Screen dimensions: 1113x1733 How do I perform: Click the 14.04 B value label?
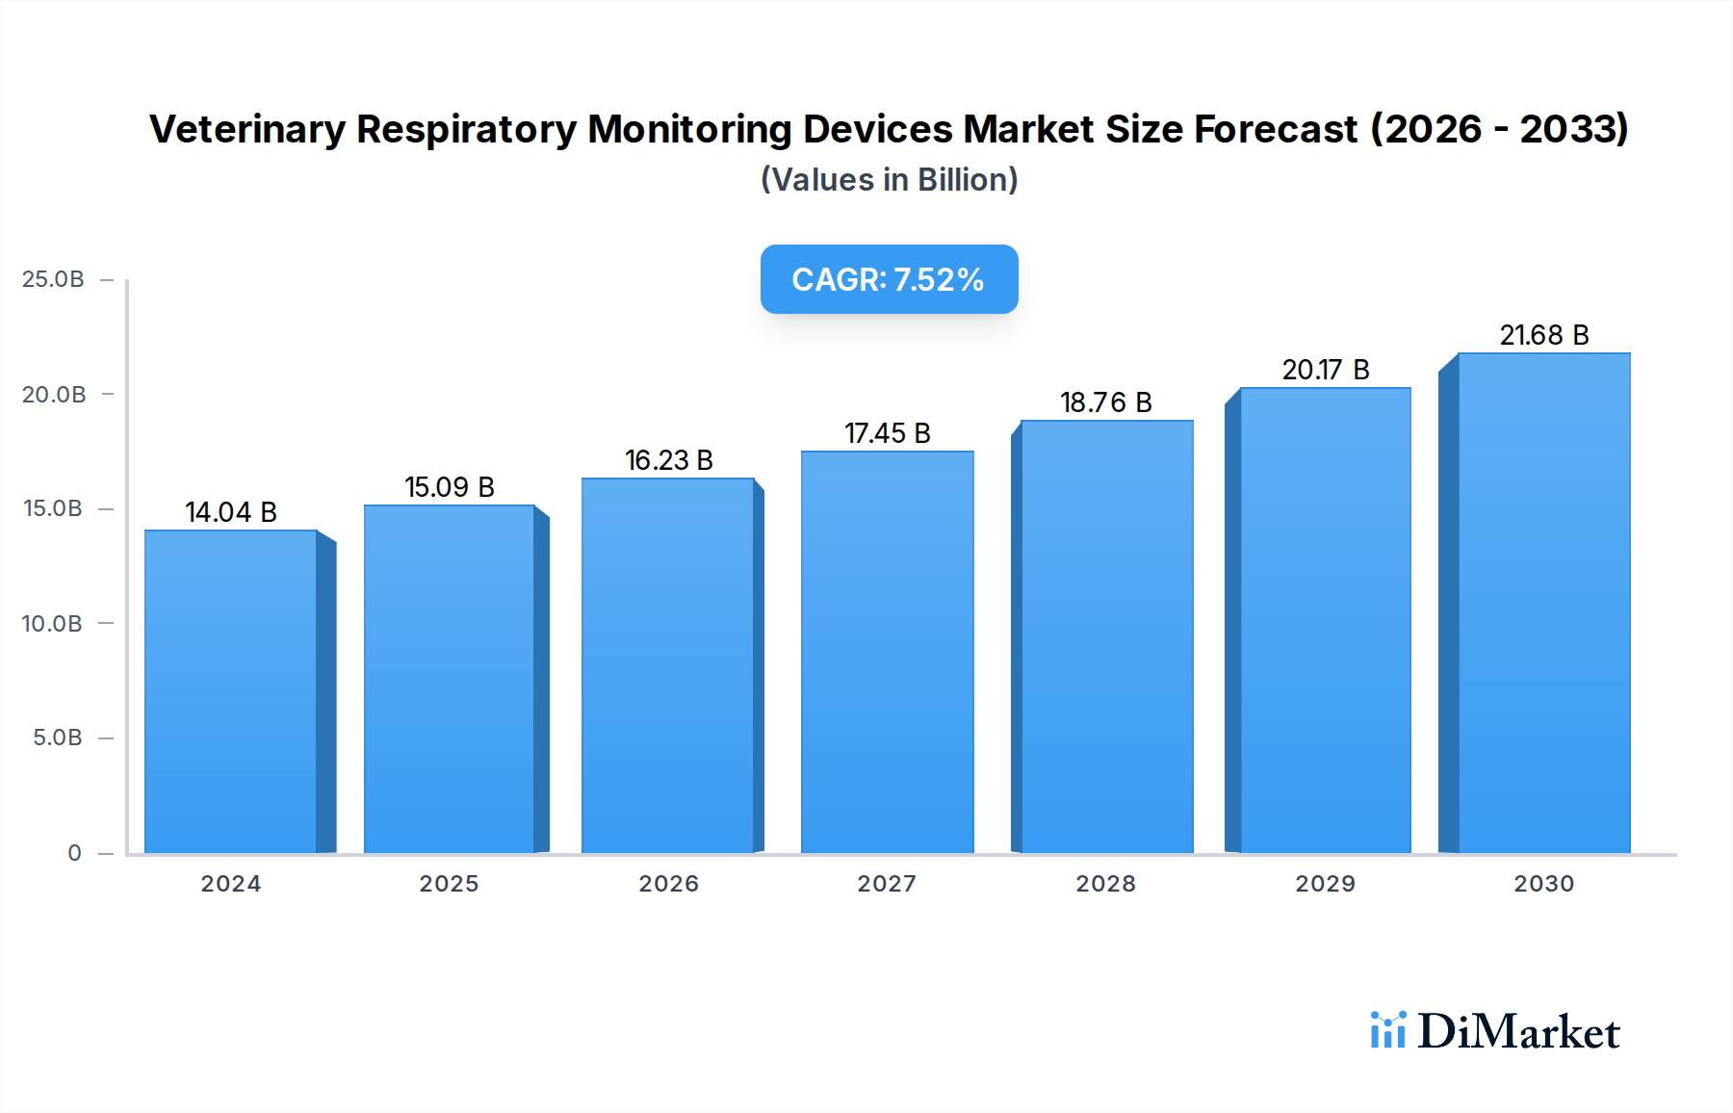[x=231, y=512]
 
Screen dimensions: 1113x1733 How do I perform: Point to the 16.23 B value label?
[x=669, y=460]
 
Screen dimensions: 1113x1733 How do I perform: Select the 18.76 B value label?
[x=1106, y=402]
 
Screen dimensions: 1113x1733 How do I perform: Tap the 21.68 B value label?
[x=1543, y=335]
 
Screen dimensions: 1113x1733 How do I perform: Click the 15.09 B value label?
[x=450, y=487]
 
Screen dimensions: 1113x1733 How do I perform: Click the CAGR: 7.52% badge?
[x=889, y=279]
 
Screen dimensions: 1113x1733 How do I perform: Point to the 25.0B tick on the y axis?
[x=53, y=279]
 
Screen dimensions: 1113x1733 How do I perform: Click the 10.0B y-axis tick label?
[x=52, y=624]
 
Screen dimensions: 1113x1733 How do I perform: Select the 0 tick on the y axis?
[x=74, y=853]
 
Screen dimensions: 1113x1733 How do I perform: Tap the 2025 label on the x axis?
[x=449, y=884]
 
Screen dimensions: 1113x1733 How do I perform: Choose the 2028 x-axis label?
[x=1105, y=884]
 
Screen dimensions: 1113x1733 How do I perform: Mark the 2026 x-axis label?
[x=668, y=884]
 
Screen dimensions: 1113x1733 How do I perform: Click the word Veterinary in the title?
[x=246, y=129]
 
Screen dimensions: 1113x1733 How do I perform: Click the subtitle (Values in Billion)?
[x=889, y=180]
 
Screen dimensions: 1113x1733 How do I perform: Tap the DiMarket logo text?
[x=1518, y=1032]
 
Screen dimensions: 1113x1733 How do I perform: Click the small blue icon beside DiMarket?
[x=1387, y=1030]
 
